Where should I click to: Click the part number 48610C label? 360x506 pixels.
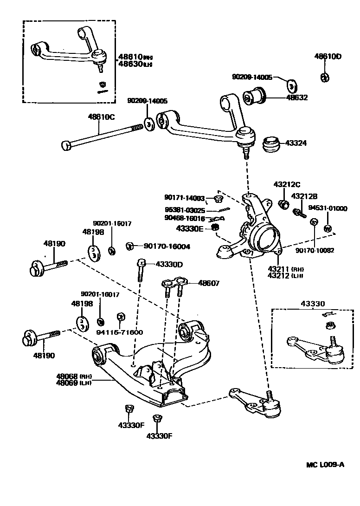click(x=101, y=117)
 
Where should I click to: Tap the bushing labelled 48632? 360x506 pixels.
click(x=254, y=97)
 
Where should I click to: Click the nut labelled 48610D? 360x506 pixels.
click(x=325, y=77)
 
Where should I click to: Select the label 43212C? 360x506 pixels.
click(x=287, y=184)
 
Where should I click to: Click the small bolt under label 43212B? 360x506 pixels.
click(x=298, y=213)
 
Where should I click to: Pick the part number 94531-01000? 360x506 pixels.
click(x=328, y=208)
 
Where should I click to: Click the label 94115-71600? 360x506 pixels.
click(x=119, y=332)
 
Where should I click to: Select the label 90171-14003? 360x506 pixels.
click(x=184, y=198)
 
